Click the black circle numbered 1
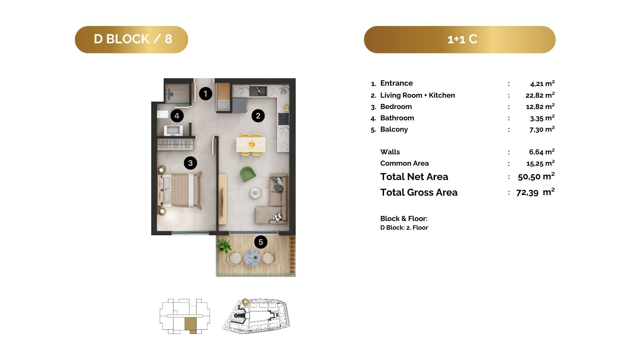(x=206, y=94)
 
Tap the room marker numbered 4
(x=177, y=116)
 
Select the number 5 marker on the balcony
(x=261, y=242)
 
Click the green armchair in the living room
(x=248, y=174)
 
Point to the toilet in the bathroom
(x=163, y=114)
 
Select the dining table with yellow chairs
(x=251, y=144)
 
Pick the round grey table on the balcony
(x=252, y=258)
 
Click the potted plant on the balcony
(x=223, y=246)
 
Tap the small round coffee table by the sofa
(x=256, y=192)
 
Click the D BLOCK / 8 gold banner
(x=131, y=39)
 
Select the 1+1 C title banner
(x=460, y=39)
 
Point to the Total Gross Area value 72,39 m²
(x=535, y=192)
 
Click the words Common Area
(x=404, y=163)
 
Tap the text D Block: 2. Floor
(x=404, y=228)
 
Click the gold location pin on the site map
(x=245, y=302)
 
